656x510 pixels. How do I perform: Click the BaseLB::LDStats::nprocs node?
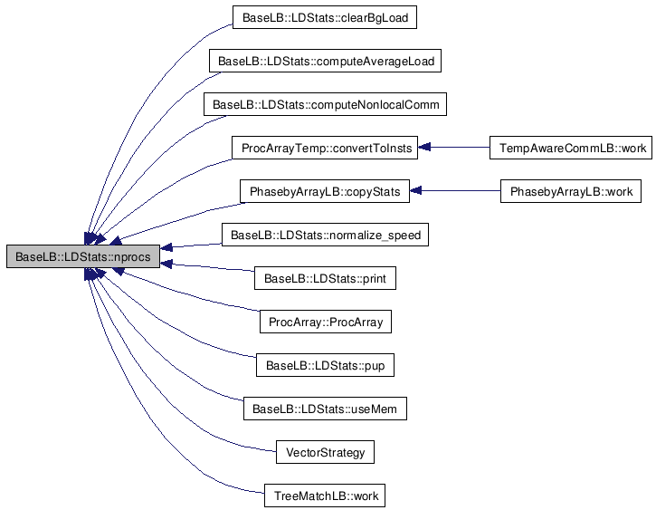click(83, 256)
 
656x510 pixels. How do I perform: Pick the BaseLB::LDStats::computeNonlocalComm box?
click(326, 104)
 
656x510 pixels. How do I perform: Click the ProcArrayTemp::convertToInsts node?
click(326, 148)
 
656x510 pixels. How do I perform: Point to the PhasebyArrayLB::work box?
click(570, 191)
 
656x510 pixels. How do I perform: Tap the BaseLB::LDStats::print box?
click(326, 278)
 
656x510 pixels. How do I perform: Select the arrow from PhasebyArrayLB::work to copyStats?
click(456, 191)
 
